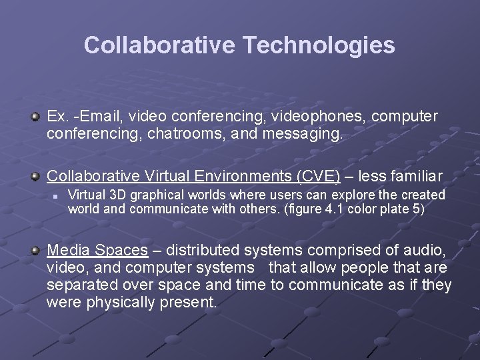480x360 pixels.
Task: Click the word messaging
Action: click(303, 134)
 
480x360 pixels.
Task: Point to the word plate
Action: click(397, 209)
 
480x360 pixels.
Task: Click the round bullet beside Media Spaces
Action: click(36, 251)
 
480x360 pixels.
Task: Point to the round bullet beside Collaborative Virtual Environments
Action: click(36, 177)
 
